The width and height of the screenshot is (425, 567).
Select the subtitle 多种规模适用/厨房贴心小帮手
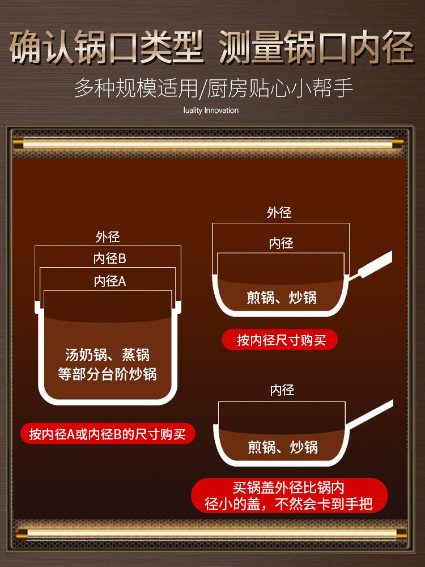(x=214, y=88)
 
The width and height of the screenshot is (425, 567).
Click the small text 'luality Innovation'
(x=211, y=111)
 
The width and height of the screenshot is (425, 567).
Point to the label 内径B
(x=109, y=259)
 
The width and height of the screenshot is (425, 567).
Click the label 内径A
(x=109, y=281)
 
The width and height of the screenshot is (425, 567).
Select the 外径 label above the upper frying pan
(x=279, y=213)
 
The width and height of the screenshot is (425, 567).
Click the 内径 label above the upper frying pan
(x=280, y=244)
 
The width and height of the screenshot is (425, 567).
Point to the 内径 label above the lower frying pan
(x=282, y=390)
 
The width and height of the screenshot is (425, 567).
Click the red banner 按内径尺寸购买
(x=281, y=340)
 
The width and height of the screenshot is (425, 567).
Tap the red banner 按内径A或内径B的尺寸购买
(x=107, y=434)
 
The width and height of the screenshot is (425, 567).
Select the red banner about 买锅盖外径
(x=289, y=496)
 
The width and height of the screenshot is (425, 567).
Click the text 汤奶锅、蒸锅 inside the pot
(x=108, y=356)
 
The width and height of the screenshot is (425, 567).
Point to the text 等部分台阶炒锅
(x=108, y=374)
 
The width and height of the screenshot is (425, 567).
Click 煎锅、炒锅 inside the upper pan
(x=282, y=297)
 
